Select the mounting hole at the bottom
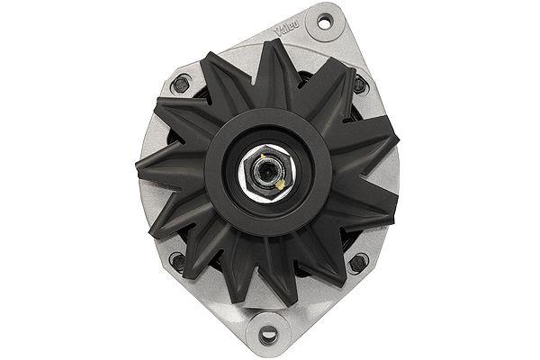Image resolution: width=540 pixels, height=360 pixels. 268,337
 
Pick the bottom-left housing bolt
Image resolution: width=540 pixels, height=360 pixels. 178,263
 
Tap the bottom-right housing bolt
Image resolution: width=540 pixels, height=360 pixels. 360,263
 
